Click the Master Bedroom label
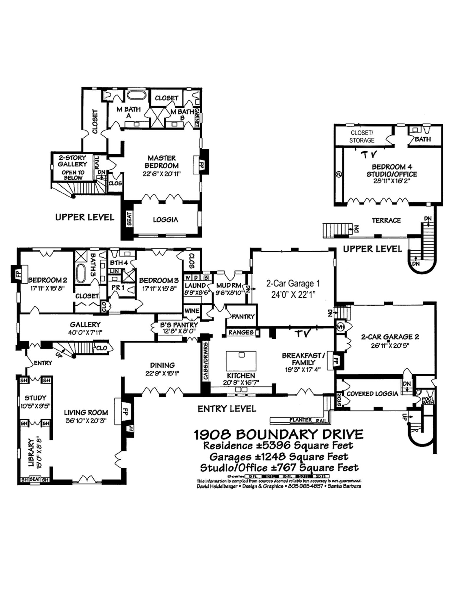[161, 162]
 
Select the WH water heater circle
[340, 327]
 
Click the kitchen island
[241, 361]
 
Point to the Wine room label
[191, 311]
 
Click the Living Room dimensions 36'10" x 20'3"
[86, 421]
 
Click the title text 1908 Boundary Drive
[278, 435]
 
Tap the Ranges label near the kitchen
[241, 332]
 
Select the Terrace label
[386, 220]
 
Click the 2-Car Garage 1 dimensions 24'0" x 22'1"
[293, 294]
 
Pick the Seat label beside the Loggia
[129, 219]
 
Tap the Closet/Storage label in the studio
[362, 137]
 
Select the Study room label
[35, 398]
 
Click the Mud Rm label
[229, 285]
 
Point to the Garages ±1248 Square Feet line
[278, 457]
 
